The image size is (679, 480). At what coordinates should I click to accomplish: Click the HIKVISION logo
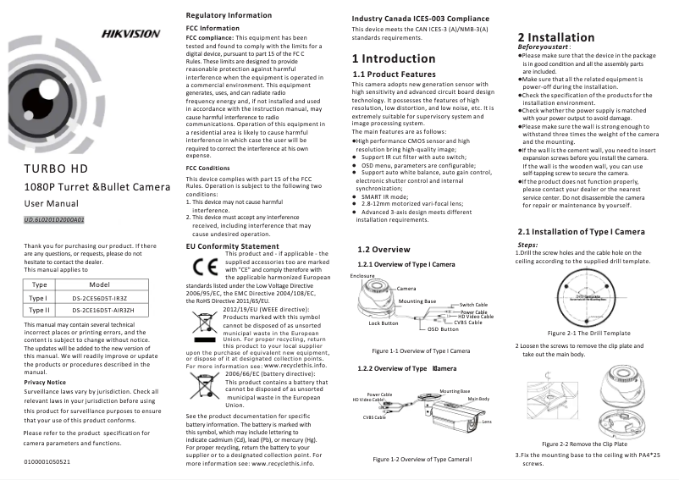(130, 34)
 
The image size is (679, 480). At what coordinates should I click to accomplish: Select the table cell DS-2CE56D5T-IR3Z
(100, 299)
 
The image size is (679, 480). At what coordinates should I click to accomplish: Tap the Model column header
(100, 285)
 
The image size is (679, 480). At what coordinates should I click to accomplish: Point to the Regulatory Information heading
(229, 16)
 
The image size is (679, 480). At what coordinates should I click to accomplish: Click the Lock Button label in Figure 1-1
(384, 323)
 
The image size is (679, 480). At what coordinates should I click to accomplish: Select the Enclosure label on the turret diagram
(362, 276)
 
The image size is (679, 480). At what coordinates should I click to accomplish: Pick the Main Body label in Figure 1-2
(478, 399)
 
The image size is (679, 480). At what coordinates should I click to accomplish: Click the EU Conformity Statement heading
(231, 246)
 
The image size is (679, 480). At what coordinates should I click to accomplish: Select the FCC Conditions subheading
(207, 168)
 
